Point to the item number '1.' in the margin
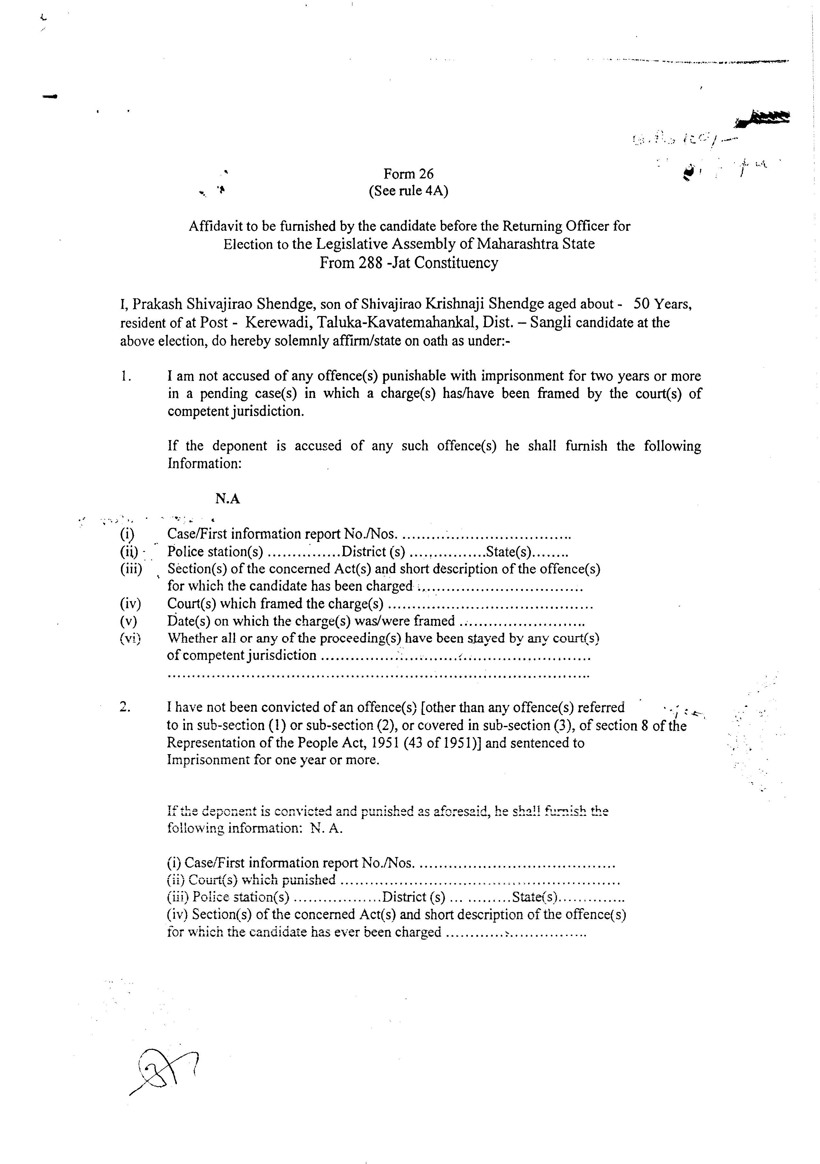[126, 376]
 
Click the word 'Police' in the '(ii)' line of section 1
[185, 552]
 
